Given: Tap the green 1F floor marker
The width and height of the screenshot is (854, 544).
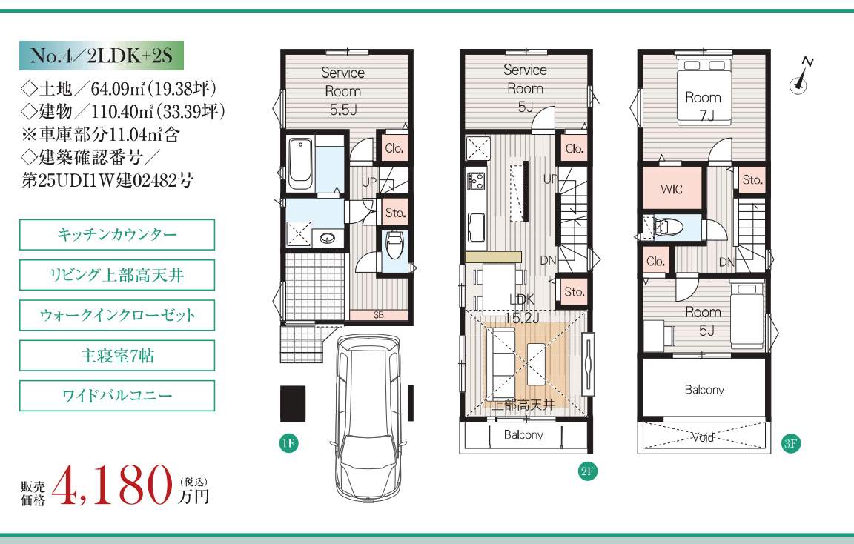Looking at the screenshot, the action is [x=288, y=443].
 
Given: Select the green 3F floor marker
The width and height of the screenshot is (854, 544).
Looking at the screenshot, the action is [x=790, y=443].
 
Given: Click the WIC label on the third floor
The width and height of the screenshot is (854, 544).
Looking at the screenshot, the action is [x=671, y=189].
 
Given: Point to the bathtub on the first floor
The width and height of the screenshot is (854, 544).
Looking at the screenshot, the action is [x=301, y=163].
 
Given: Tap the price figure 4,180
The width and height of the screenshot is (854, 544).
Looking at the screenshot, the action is [x=112, y=485].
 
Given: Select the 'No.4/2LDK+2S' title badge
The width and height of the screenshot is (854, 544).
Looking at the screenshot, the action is [x=102, y=56].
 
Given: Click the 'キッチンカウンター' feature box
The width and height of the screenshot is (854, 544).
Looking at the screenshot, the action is [x=117, y=235].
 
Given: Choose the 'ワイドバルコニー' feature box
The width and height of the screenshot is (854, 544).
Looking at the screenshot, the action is [x=117, y=395].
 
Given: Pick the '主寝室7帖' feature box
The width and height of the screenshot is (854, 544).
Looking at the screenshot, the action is [x=117, y=355].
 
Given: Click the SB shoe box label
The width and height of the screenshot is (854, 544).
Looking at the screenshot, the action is [x=379, y=315].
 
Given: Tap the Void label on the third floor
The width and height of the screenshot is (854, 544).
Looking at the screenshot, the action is [x=703, y=437].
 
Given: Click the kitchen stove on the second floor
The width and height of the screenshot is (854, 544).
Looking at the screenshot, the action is [x=475, y=180].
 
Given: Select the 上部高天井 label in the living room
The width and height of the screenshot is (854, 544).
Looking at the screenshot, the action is [x=523, y=405].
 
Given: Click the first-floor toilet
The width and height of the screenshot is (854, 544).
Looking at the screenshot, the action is [x=393, y=245].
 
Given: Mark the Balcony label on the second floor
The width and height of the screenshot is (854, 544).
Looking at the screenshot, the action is [x=523, y=434].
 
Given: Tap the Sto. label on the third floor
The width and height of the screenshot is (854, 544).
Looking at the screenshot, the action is [x=752, y=179].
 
